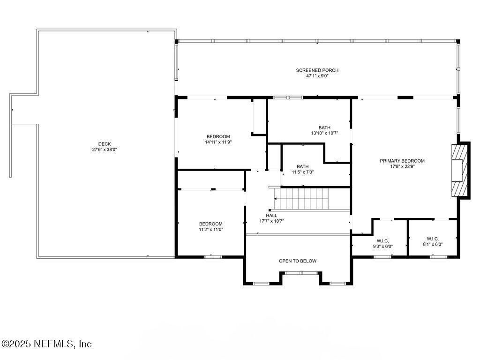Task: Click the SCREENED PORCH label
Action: click(x=317, y=70)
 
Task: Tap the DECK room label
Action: click(x=105, y=144)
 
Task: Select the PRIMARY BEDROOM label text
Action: click(x=402, y=161)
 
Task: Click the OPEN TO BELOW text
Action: click(x=297, y=261)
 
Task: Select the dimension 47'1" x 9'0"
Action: click(x=317, y=76)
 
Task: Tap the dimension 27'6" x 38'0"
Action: click(x=105, y=150)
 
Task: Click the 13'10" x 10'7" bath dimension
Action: click(x=324, y=133)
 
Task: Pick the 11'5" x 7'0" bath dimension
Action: click(x=302, y=172)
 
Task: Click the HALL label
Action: click(x=271, y=216)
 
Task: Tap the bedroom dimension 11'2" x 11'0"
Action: click(x=210, y=230)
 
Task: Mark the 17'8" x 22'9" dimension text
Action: click(x=402, y=166)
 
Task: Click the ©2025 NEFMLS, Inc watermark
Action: click(x=46, y=344)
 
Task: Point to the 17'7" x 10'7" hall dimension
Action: click(x=271, y=221)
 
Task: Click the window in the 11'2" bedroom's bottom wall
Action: click(x=213, y=257)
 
